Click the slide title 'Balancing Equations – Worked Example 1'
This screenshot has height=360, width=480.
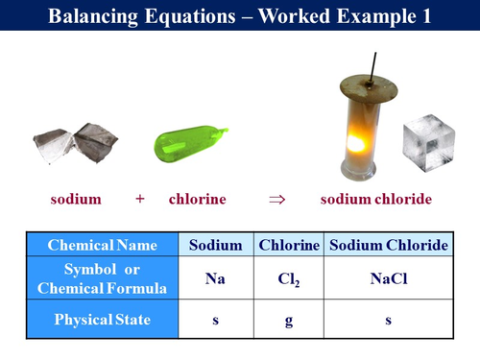tap(239, 16)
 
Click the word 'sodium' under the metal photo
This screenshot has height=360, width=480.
tap(76, 199)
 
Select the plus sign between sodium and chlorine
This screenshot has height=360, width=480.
tap(140, 199)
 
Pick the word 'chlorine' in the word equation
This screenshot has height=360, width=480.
tap(198, 199)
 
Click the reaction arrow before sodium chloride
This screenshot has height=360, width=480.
tap(277, 199)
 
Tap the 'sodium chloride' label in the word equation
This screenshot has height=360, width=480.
tap(375, 199)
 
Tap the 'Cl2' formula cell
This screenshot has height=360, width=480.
tap(289, 278)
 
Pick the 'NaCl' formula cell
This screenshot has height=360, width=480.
tap(388, 278)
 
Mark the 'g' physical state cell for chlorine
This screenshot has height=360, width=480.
tap(289, 320)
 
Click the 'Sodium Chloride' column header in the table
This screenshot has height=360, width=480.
tap(388, 245)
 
